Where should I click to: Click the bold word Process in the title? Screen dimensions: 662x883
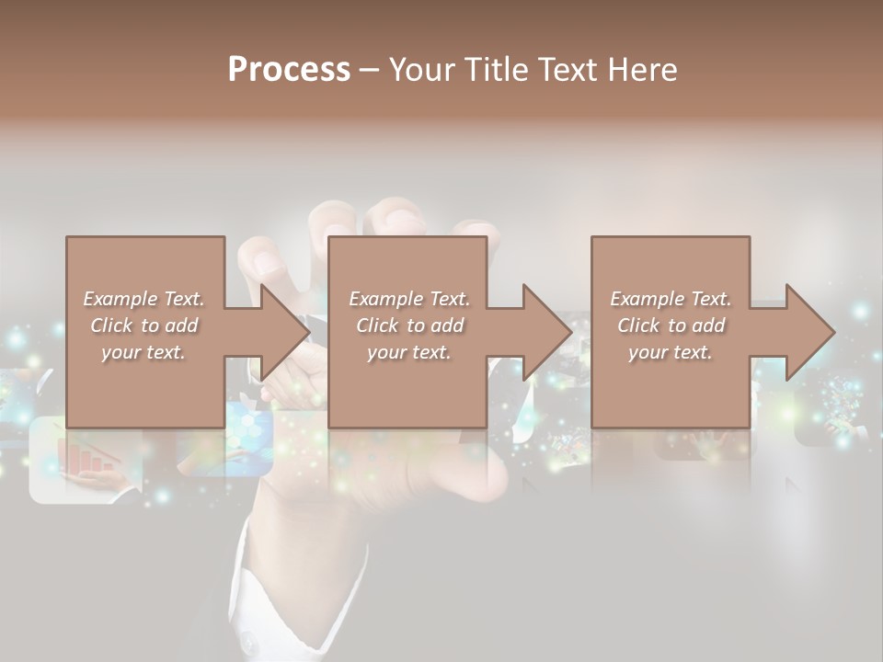[289, 70]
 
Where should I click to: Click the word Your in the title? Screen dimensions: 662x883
[424, 70]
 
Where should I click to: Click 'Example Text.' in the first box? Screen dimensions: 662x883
[143, 299]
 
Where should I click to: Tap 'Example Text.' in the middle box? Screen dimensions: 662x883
[409, 299]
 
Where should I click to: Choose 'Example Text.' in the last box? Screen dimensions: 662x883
[671, 299]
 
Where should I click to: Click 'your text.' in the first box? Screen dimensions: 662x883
[143, 352]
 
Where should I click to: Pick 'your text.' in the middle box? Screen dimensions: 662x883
[409, 352]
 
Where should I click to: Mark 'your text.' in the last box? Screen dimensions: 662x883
[671, 352]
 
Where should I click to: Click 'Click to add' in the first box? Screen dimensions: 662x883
[143, 325]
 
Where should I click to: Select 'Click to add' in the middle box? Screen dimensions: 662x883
[409, 325]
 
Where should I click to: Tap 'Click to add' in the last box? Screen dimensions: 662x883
[671, 325]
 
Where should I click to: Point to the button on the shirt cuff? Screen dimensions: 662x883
[247, 638]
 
